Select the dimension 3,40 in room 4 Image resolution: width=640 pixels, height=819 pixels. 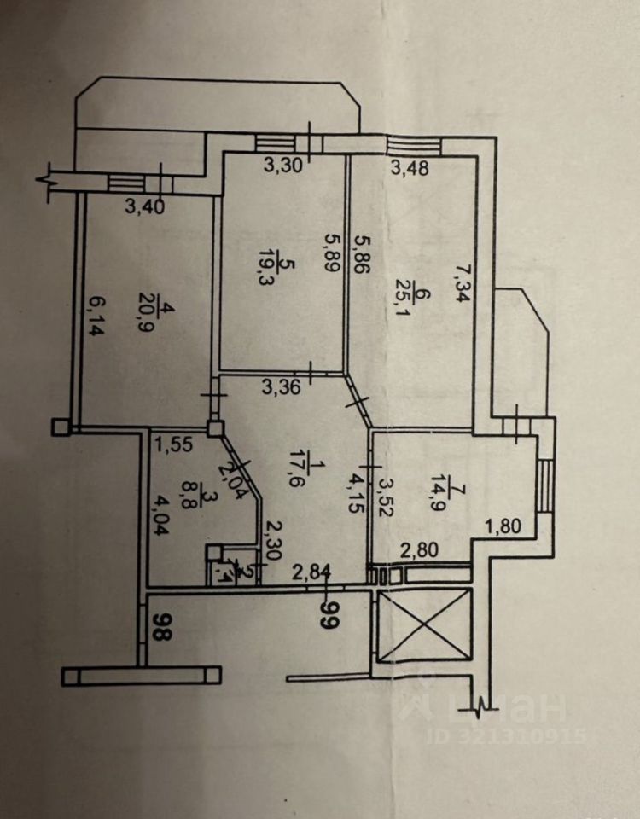(144, 206)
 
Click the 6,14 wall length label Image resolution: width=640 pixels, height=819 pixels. (97, 315)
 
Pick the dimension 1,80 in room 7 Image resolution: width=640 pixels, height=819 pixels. (503, 527)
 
